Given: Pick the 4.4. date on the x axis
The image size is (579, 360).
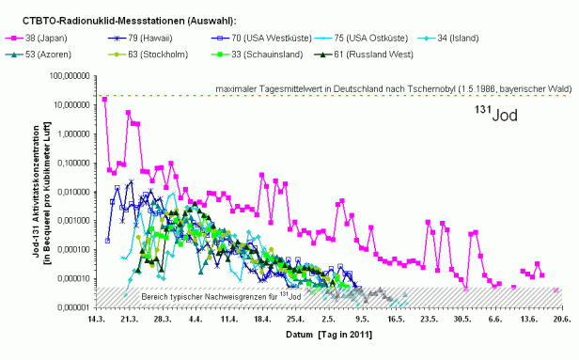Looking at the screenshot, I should click(196, 320).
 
